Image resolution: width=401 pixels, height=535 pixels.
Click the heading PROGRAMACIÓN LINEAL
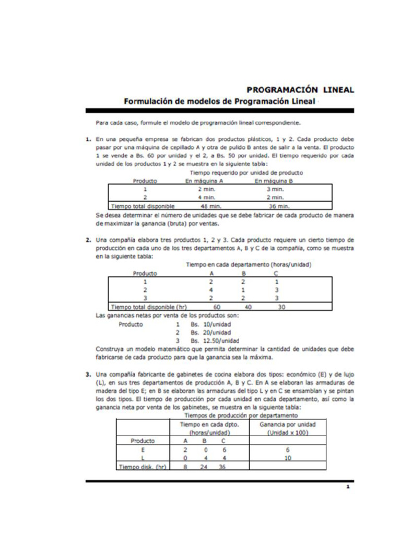coord(300,90)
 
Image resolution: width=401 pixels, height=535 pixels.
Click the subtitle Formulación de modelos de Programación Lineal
coord(219,101)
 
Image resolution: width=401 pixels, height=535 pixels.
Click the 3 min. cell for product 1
coord(275,189)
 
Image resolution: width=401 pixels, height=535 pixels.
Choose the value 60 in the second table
coord(217,307)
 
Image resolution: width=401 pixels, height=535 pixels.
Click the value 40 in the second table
coord(248,307)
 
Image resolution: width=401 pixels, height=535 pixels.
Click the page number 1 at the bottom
coord(347,487)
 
